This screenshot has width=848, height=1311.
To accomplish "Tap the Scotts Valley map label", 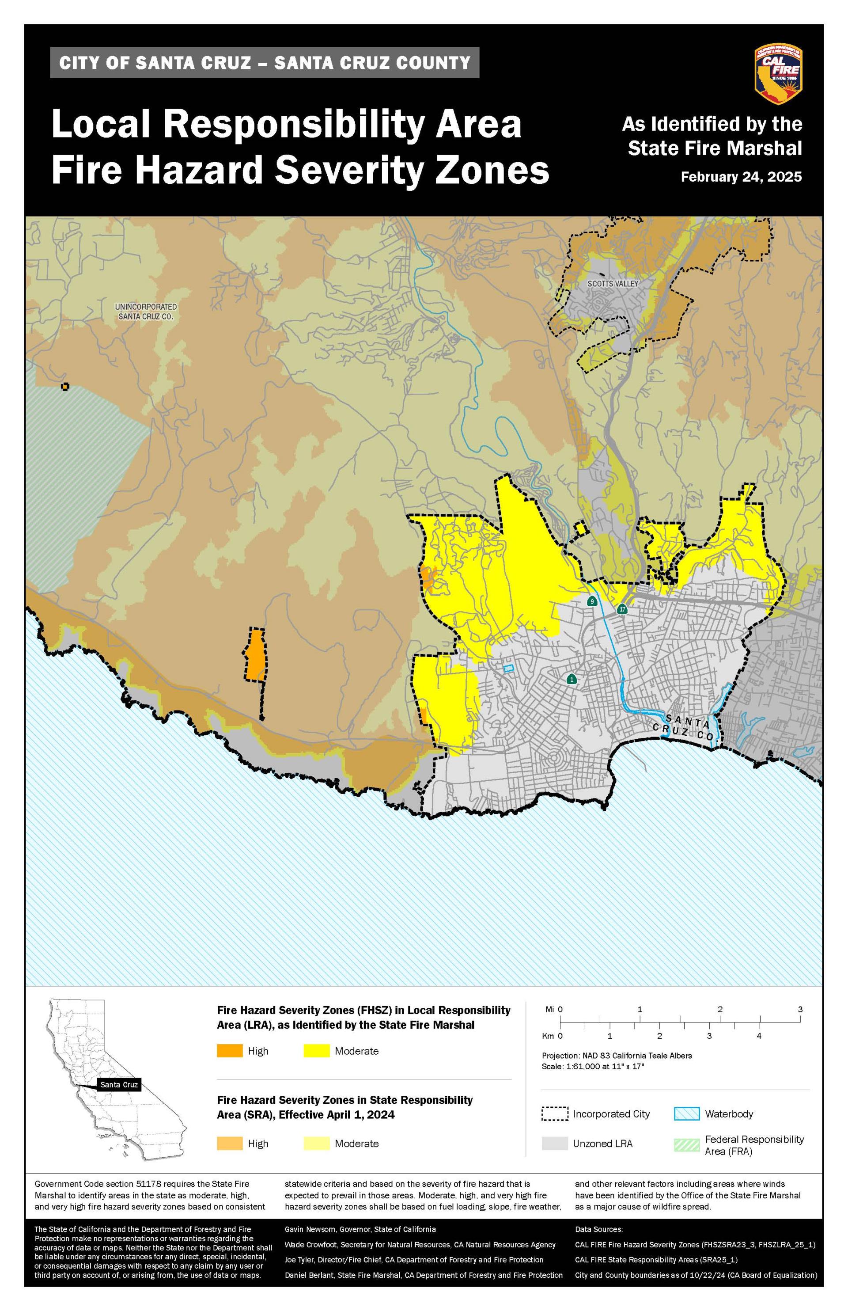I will point(612,284).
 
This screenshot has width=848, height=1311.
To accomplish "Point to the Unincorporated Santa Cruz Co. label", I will point(146,312).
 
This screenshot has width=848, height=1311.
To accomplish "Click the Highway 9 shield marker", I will point(592,601).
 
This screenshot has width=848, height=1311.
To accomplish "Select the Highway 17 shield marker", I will point(622,609).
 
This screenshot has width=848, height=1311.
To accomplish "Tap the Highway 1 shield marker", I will point(572,679).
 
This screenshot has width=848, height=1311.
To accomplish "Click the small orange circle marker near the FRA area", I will point(65,387).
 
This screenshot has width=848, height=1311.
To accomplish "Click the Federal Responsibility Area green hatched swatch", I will point(687,1144).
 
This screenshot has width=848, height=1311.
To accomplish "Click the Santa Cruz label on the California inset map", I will point(119,1085).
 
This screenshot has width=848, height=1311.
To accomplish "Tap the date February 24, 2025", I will point(741,177).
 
